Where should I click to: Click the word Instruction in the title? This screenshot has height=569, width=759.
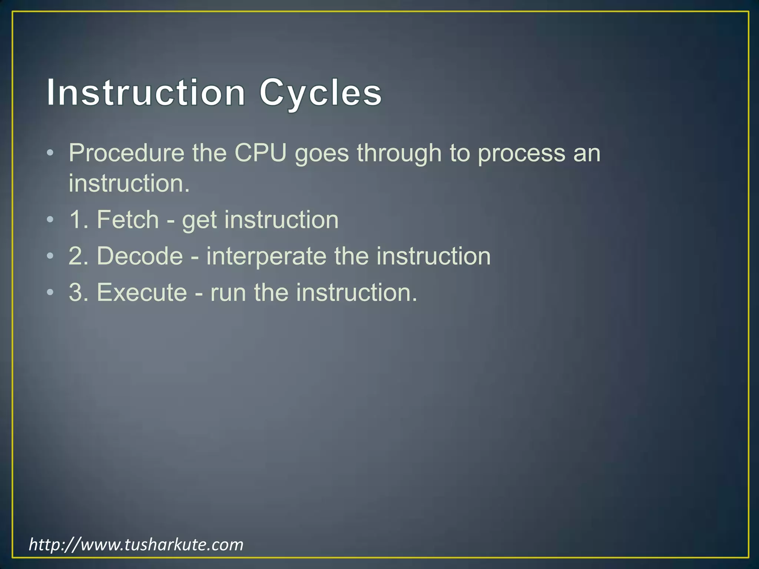coord(146,92)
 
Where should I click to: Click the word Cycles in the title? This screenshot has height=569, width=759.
coord(320,92)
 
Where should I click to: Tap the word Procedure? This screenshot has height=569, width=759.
coord(126,153)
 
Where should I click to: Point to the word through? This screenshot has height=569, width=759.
coord(399,153)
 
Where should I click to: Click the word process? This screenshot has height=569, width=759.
coord(521,153)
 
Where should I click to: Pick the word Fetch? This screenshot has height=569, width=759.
coord(127,220)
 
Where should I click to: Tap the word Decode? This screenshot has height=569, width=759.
coord(140,256)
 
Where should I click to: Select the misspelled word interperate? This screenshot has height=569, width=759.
coord(266,256)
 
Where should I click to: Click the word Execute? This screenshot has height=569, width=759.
coord(142,292)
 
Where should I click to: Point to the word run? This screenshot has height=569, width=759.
coord(228,292)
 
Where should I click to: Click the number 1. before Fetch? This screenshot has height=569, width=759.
coord(78,220)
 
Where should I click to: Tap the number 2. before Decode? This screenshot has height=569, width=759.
coord(78,256)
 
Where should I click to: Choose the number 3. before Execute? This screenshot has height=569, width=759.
coord(78,292)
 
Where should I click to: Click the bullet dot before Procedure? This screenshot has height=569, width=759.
coord(50,153)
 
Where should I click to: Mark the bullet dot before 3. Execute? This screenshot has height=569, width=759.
coord(50,293)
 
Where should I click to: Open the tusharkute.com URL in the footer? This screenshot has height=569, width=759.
coord(136,545)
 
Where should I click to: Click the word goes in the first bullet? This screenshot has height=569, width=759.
coord(322,153)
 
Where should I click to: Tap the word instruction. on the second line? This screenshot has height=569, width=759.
coord(129,183)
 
